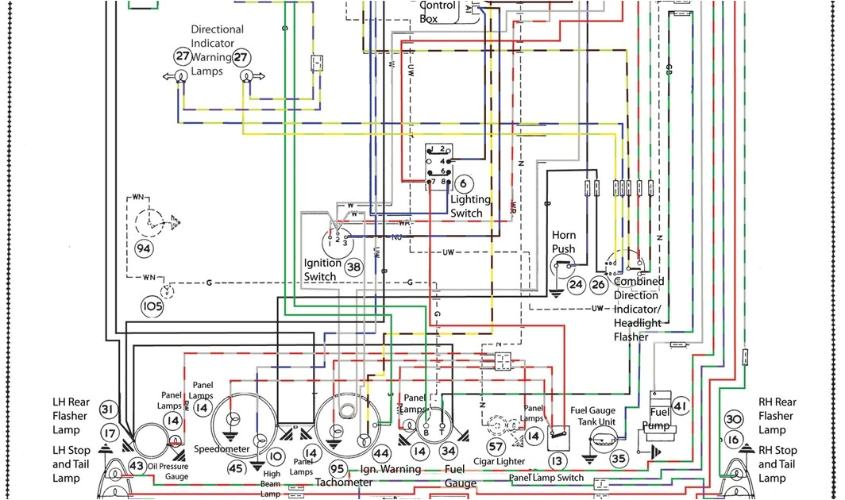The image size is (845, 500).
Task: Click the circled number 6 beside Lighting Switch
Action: (x=461, y=183)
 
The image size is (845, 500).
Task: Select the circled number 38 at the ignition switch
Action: (x=353, y=267)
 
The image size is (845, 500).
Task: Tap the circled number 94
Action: (x=143, y=249)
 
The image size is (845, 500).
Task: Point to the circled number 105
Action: (x=152, y=306)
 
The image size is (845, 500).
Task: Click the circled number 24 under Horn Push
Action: (x=575, y=284)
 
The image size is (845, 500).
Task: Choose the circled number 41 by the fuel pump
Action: (x=679, y=406)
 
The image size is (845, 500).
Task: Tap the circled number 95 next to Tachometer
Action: (x=338, y=469)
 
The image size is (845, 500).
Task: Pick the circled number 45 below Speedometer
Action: (x=236, y=468)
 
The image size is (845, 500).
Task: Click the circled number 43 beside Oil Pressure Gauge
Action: (x=137, y=467)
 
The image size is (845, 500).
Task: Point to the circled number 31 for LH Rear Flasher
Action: (x=108, y=410)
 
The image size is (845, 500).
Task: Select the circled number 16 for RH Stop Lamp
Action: (x=733, y=440)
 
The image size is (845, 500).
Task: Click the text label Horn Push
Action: (x=564, y=242)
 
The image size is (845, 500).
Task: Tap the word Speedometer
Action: (x=222, y=449)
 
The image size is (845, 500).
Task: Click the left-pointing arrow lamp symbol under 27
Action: (x=176, y=76)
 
